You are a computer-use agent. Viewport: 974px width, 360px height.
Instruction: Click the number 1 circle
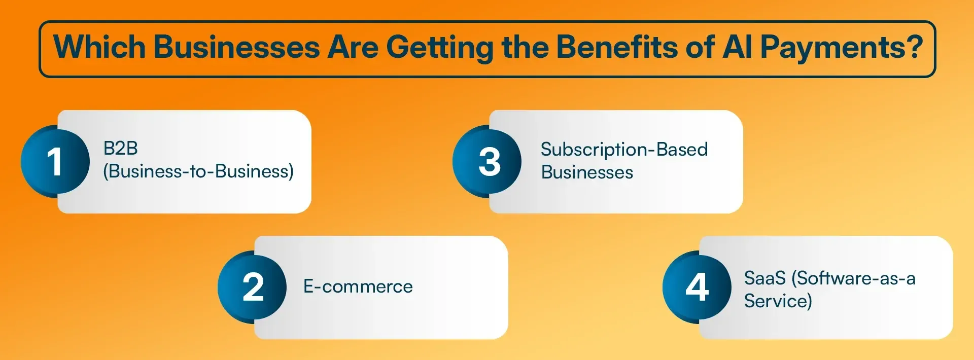coord(55,162)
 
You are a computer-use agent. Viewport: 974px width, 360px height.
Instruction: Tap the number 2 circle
coord(252,287)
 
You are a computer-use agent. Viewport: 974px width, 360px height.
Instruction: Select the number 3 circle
coord(488,162)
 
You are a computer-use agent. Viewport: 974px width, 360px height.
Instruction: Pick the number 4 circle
coord(697,287)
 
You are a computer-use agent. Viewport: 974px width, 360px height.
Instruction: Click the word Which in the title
coord(99,47)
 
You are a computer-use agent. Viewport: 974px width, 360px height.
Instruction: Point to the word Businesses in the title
coord(237,47)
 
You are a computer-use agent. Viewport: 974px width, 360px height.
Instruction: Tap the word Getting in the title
coord(439,47)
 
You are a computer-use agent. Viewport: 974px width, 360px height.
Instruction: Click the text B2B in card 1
coord(121,149)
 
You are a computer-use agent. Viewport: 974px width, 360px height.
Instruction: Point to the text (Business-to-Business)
coord(198,171)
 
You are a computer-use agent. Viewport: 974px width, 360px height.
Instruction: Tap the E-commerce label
coord(358,287)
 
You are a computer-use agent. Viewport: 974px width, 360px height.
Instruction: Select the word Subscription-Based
coord(624,150)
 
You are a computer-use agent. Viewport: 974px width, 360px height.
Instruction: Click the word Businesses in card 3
coord(587,172)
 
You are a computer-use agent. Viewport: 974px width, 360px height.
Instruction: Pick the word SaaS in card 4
coord(764,278)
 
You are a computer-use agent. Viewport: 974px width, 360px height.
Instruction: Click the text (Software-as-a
coord(854,278)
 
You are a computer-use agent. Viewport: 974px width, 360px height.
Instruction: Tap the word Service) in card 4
coord(778,301)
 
